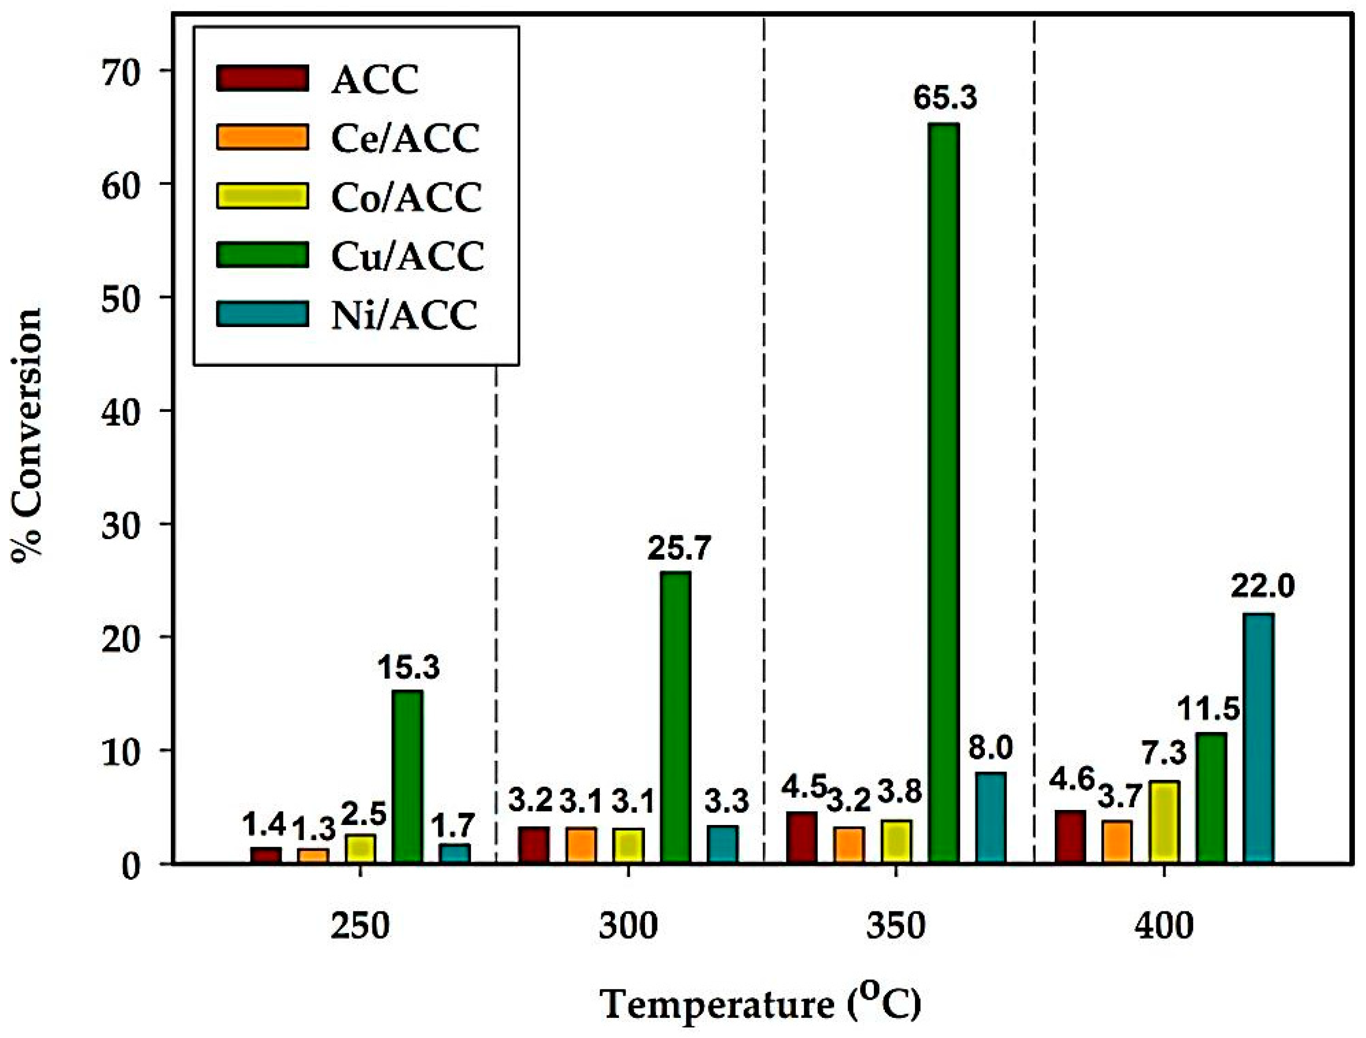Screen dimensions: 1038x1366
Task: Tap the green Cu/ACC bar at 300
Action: [x=676, y=717]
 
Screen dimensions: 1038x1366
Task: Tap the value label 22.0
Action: [x=1262, y=587]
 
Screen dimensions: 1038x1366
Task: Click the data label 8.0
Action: [x=991, y=749]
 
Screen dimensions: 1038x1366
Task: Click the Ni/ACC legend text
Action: [x=404, y=315]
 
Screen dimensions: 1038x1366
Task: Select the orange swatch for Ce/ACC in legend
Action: [x=261, y=137]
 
